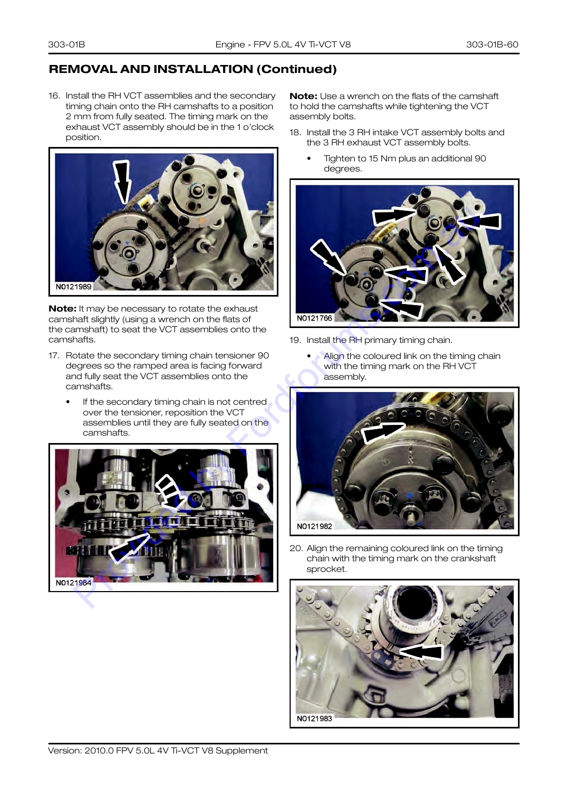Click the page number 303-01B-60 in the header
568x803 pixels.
point(492,44)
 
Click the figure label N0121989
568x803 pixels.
point(73,286)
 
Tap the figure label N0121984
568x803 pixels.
point(73,583)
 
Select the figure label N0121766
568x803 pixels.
point(314,318)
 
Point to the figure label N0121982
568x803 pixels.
point(314,526)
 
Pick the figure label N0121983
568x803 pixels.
point(314,718)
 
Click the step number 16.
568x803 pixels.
point(54,96)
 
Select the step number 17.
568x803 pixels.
point(54,356)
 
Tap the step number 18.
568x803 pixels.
point(295,133)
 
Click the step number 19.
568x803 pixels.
point(295,340)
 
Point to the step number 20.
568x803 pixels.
point(296,548)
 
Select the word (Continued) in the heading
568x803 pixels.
point(297,69)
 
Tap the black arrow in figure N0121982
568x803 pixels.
point(383,432)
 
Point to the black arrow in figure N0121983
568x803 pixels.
point(422,652)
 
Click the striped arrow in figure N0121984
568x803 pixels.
point(170,488)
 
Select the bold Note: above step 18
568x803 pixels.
point(303,96)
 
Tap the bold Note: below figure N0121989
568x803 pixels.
point(62,309)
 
